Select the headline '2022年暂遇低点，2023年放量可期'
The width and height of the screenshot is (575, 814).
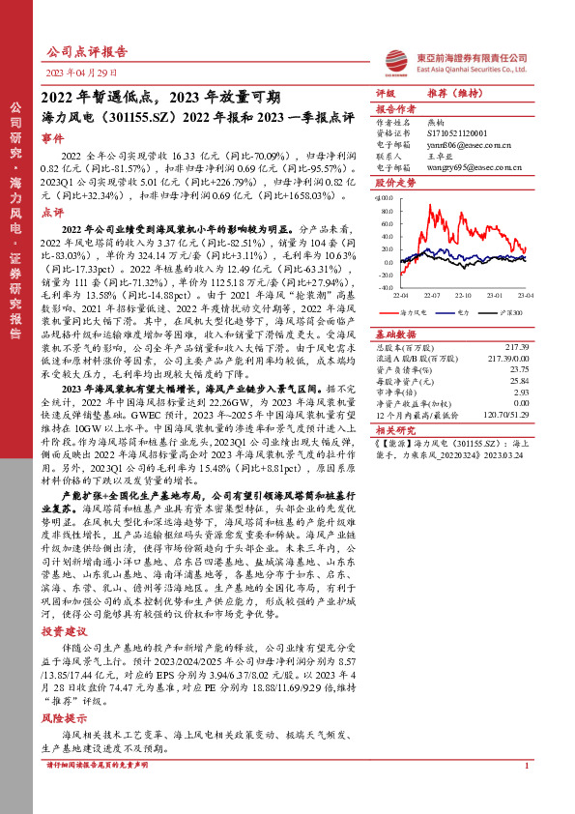(160, 97)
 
